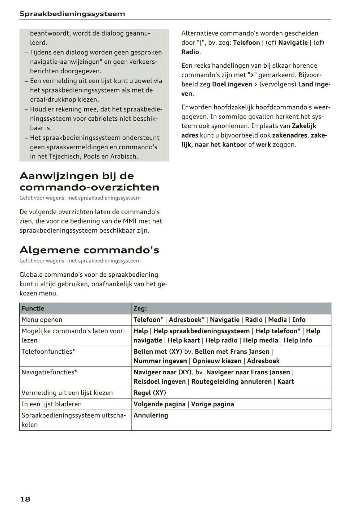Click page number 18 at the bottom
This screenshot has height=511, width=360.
point(25,499)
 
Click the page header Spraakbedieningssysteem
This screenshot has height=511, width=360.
point(72,14)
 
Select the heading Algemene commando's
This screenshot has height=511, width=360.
point(89,249)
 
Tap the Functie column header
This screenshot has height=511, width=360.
point(33,308)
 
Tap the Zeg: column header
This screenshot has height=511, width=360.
point(140,308)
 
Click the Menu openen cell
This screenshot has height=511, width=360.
point(42,320)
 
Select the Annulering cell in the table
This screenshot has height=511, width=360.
point(151,415)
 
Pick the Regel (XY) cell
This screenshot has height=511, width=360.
point(150,393)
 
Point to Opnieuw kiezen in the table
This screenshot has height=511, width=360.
point(217,361)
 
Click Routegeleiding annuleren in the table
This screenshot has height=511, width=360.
point(231,381)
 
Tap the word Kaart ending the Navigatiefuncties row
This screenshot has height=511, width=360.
point(286,381)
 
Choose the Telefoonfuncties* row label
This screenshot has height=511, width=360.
point(48,351)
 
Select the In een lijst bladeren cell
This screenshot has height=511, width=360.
point(52,404)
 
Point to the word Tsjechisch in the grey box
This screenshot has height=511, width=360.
point(65,156)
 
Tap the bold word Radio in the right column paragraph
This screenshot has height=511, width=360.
point(190,52)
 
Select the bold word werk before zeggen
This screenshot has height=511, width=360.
point(263,144)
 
